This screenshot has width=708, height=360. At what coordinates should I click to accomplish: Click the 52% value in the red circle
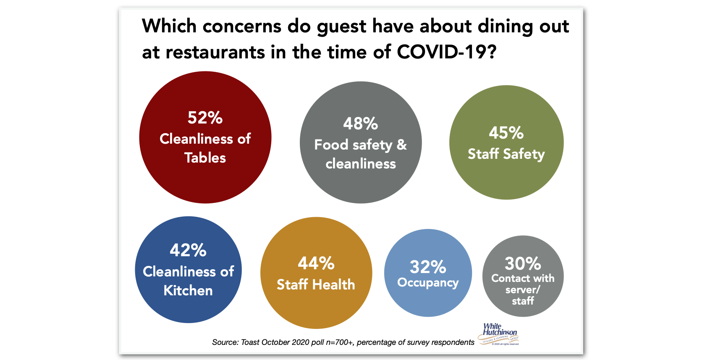[x=205, y=118]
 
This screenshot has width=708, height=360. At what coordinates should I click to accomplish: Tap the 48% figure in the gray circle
[x=360, y=124]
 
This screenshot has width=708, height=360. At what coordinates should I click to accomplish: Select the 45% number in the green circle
[x=506, y=133]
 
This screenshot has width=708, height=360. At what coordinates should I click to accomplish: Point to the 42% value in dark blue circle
[x=188, y=250]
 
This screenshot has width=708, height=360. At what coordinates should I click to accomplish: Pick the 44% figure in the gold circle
[x=316, y=263]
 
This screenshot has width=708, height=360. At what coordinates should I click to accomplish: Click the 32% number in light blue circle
[x=428, y=267]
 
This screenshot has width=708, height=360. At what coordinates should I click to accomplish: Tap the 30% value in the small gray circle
[x=523, y=264]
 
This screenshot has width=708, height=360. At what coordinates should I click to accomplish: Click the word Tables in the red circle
[x=205, y=158]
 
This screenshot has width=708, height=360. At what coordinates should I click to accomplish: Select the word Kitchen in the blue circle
[x=188, y=291]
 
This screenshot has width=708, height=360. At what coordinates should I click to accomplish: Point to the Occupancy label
[x=428, y=283]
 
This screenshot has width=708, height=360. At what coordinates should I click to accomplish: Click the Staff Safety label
[x=506, y=154]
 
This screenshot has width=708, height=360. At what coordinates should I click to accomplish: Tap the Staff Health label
[x=316, y=285]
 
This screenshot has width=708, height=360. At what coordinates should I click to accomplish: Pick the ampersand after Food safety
[x=401, y=145]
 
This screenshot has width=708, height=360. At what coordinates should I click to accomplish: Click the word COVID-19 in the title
[x=446, y=53]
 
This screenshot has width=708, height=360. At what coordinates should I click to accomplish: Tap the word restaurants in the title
[x=215, y=53]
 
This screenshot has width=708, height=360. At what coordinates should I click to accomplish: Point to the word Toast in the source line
[x=250, y=342]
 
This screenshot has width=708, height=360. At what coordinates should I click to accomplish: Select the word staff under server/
[x=523, y=301]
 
